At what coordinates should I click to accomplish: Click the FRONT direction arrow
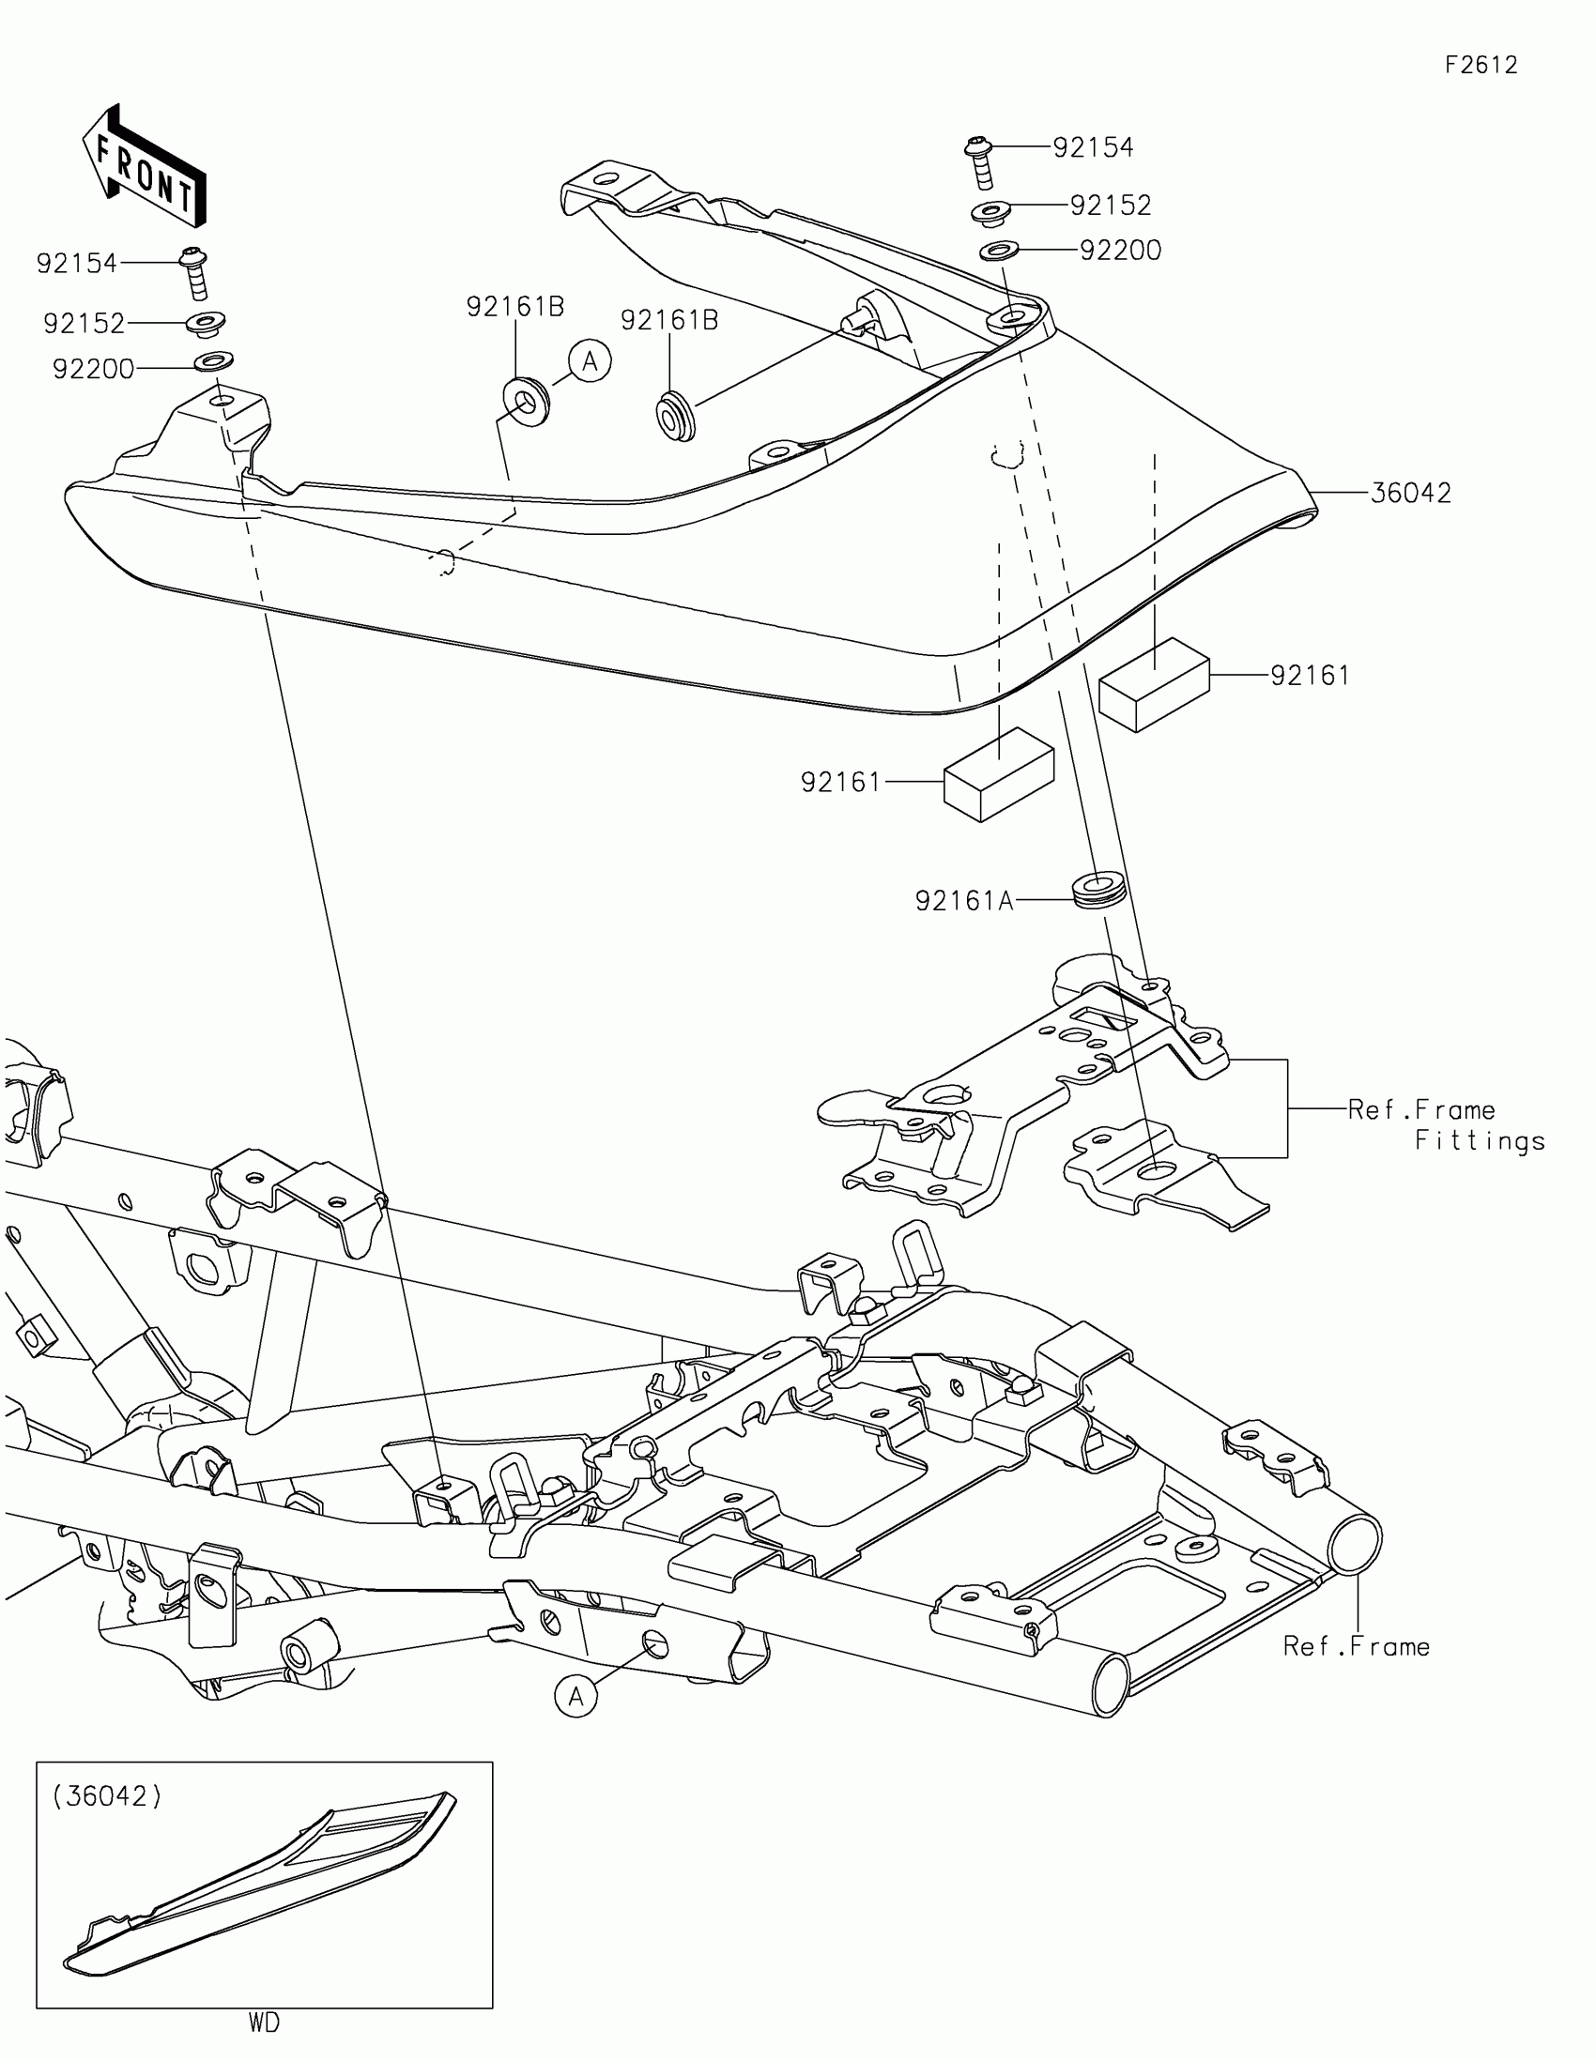(x=145, y=166)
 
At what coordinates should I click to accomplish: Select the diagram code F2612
(x=1481, y=65)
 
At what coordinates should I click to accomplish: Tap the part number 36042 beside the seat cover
(x=1410, y=493)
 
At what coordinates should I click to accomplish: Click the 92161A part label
(x=963, y=901)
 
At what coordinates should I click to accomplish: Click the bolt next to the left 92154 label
(x=196, y=272)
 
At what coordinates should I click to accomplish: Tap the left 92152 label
(x=84, y=324)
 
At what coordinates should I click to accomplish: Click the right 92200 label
(x=1120, y=251)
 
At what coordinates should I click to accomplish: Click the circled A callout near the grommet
(x=590, y=361)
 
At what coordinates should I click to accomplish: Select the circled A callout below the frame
(x=575, y=1697)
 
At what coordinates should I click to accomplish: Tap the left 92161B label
(x=515, y=307)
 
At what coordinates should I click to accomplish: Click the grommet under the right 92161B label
(x=674, y=415)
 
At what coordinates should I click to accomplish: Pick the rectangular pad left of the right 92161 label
(x=1154, y=683)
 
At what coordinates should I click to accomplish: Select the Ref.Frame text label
(x=1356, y=1647)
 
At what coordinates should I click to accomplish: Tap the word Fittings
(x=1479, y=1141)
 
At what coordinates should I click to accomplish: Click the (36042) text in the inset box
(x=108, y=1795)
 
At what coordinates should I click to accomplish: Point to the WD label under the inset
(x=264, y=2023)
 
